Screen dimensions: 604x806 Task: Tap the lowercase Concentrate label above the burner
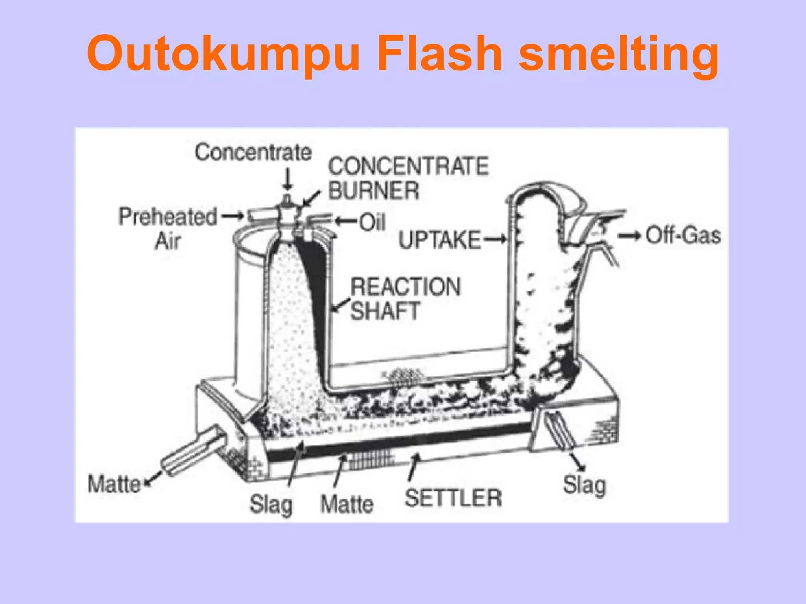(253, 153)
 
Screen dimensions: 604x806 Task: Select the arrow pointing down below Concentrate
(288, 179)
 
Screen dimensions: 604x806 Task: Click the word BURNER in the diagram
(373, 191)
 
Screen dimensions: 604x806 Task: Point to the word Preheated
(168, 217)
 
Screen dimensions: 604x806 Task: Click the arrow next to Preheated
(232, 215)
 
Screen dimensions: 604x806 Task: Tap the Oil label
(372, 222)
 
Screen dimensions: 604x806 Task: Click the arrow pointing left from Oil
(346, 221)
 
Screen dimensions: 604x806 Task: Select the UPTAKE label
(439, 239)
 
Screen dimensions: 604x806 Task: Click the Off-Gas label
(683, 236)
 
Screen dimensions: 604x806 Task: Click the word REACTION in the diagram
(405, 286)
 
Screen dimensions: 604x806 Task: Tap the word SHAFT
(385, 311)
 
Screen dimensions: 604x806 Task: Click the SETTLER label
(453, 498)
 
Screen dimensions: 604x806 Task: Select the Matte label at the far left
(114, 484)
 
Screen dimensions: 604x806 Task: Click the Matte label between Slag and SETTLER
(347, 504)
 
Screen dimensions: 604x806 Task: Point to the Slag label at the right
(584, 485)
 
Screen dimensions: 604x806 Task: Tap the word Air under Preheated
(168, 241)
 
